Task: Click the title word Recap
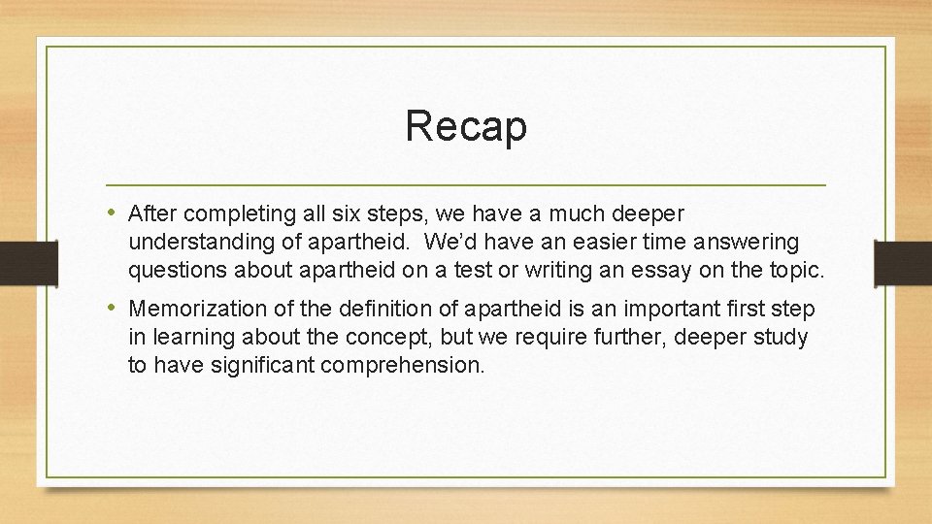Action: [x=466, y=126]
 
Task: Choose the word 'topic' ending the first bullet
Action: [x=797, y=271]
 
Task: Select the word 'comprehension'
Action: [x=401, y=367]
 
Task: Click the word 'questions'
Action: [x=180, y=271]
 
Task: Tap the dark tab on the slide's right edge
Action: [x=903, y=262]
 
